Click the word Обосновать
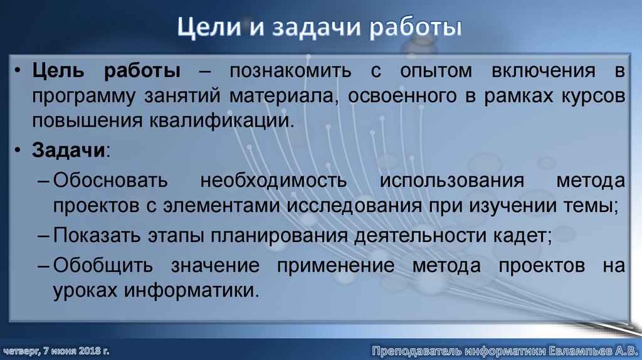pyautogui.click(x=110, y=181)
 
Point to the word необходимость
pyautogui.click(x=274, y=181)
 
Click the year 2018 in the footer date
pyautogui.click(x=90, y=349)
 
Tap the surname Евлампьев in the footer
pyautogui.click(x=575, y=349)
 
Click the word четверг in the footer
pyautogui.click(x=19, y=349)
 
